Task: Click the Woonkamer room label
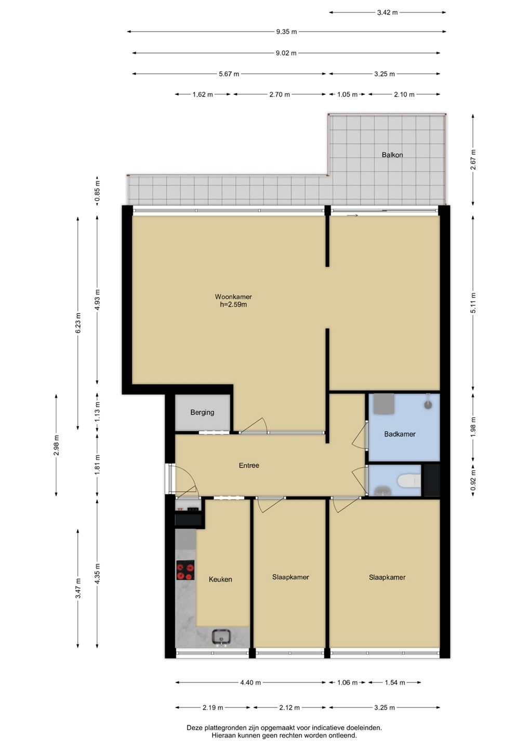tap(233, 296)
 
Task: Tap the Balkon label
tap(392, 155)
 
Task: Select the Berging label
tap(202, 412)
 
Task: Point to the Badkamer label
tap(400, 434)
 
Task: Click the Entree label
tap(249, 466)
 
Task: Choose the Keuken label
tap(220, 579)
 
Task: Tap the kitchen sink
tap(221, 637)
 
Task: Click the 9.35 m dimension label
tap(286, 32)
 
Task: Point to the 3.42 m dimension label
tap(388, 12)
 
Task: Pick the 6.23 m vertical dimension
tap(78, 323)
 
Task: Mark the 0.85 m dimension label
tap(97, 191)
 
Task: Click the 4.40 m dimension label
tap(250, 683)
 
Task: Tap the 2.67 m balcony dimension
tap(473, 160)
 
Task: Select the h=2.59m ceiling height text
tap(233, 305)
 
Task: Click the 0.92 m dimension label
tap(473, 480)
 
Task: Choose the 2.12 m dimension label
tap(289, 707)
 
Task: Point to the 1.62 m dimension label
tap(203, 95)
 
